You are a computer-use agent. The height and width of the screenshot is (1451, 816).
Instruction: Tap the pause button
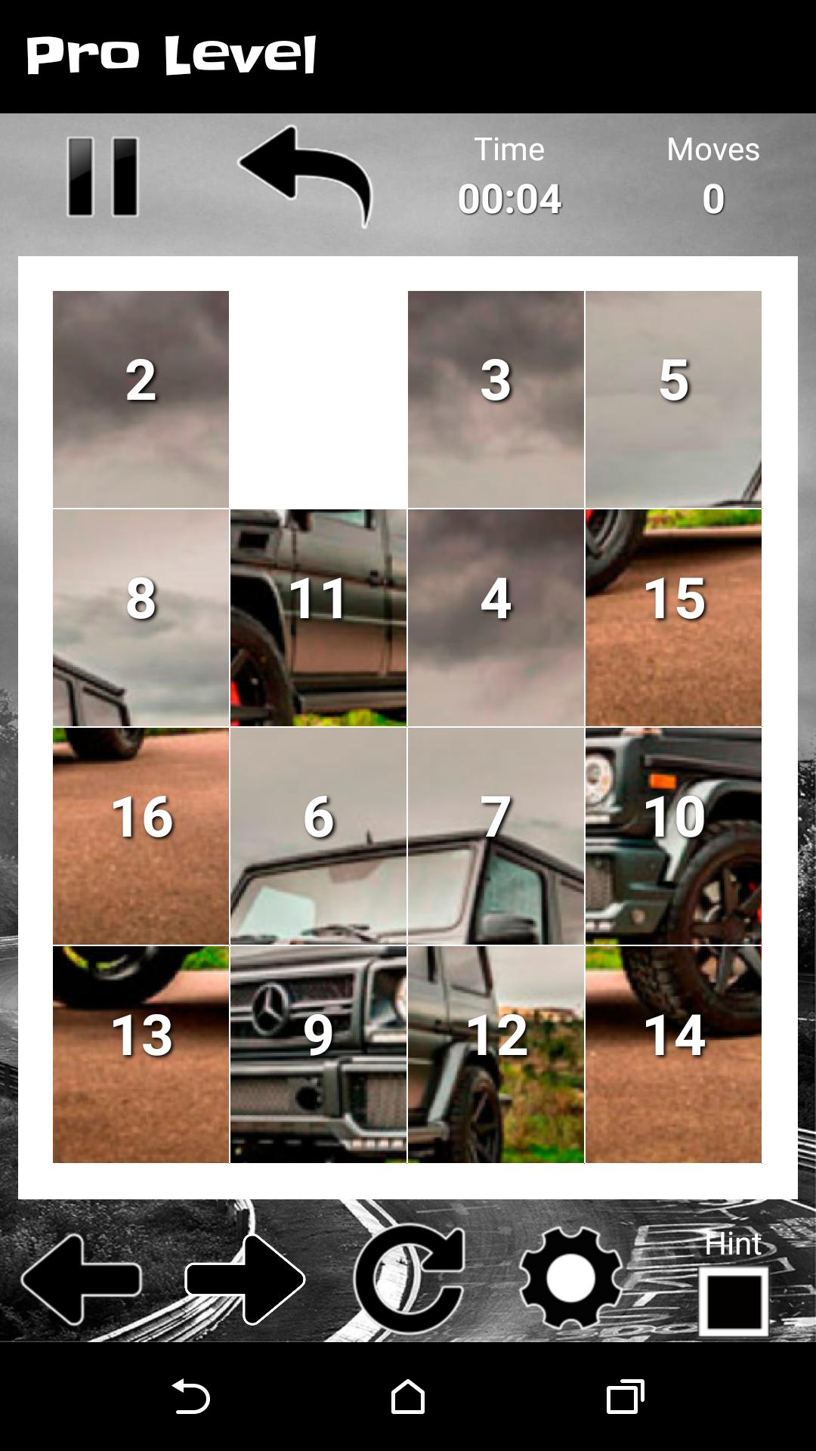point(103,177)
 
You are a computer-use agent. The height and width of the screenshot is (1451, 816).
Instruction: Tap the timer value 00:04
point(509,199)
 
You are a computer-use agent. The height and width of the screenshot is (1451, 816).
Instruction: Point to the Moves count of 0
point(713,199)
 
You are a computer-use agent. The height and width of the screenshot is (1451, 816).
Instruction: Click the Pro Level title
point(172,55)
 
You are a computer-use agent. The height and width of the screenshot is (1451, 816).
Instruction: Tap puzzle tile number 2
point(141,399)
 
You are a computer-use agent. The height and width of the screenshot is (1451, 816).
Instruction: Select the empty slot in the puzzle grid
point(318,399)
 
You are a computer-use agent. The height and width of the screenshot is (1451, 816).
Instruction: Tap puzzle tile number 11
point(318,617)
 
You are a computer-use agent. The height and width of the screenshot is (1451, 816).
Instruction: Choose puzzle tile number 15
point(673,617)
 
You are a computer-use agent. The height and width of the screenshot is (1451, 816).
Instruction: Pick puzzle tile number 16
point(141,836)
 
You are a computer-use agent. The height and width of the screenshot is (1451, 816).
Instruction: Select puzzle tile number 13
point(141,1054)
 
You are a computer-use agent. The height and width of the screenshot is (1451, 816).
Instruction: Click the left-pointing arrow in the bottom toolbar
point(81,1279)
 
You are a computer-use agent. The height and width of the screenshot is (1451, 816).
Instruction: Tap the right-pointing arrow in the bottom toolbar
point(245,1279)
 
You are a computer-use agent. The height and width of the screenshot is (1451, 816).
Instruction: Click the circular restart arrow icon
point(409,1279)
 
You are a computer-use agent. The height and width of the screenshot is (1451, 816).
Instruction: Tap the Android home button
point(408,1396)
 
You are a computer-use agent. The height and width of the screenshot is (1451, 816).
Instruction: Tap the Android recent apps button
point(625,1396)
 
